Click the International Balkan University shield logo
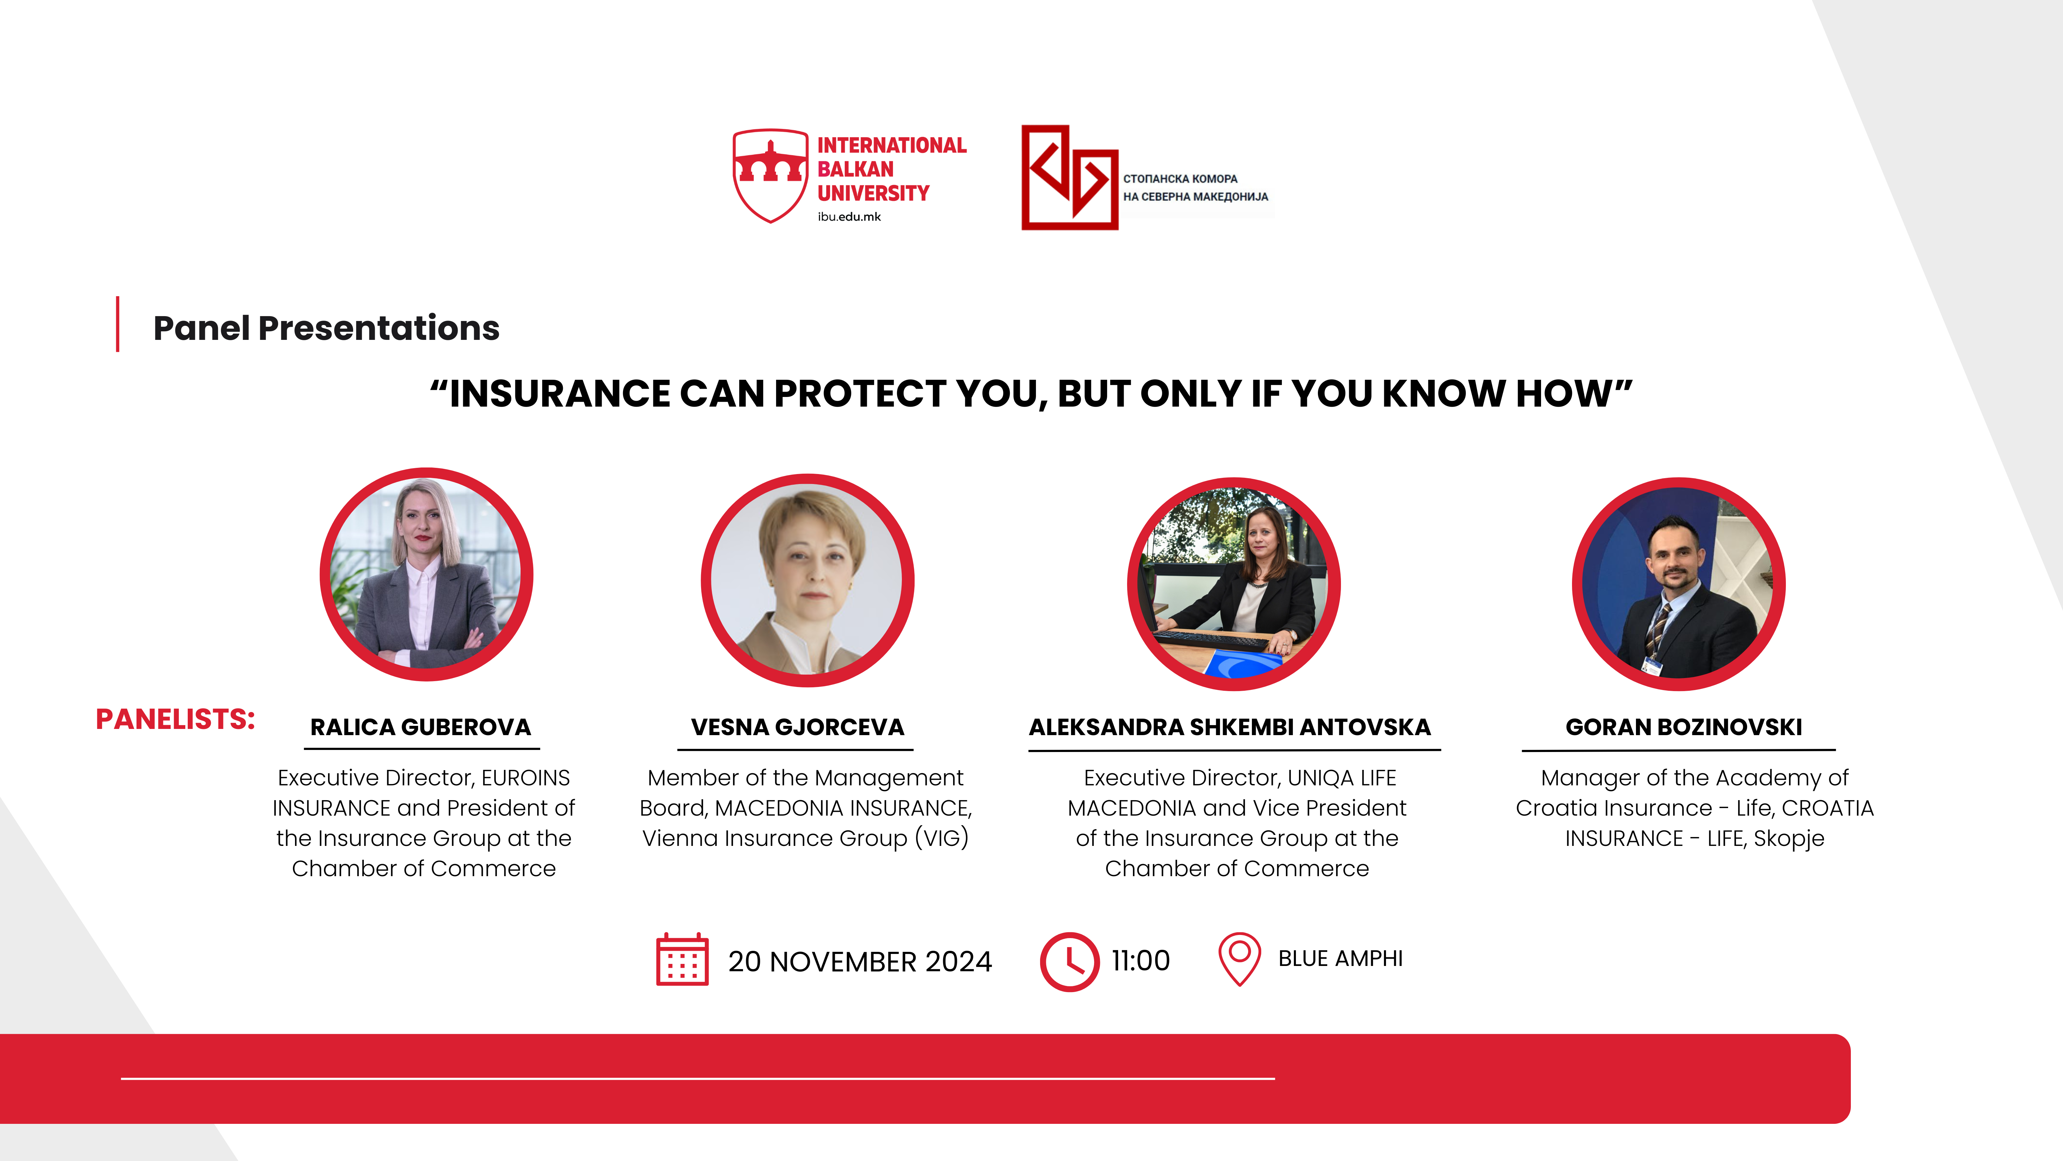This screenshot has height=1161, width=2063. [x=771, y=175]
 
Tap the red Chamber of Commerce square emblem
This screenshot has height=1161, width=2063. [x=1069, y=177]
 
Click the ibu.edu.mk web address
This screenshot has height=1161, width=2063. [x=849, y=216]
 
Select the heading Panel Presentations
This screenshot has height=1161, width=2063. [x=326, y=328]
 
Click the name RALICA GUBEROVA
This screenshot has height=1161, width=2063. [x=421, y=727]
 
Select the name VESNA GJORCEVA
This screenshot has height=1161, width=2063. [x=798, y=727]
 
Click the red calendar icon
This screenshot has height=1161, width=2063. [x=682, y=959]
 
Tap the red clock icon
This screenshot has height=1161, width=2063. [x=1069, y=961]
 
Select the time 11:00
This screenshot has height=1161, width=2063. [x=1140, y=960]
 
